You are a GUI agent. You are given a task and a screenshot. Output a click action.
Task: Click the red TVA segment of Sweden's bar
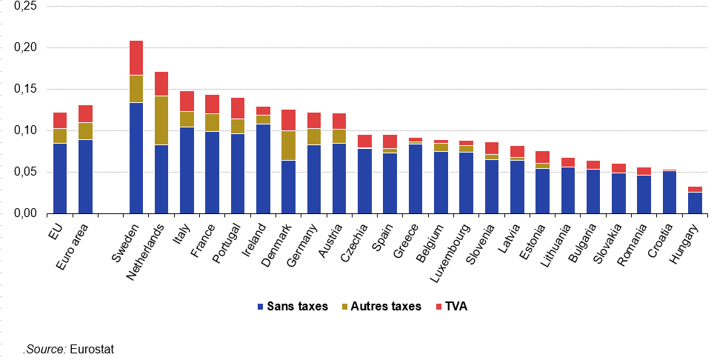pyautogui.click(x=136, y=58)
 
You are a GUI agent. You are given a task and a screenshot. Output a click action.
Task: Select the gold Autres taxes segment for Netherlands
pyautogui.click(x=161, y=120)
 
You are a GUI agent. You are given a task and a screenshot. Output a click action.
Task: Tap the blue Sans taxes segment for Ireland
pyautogui.click(x=263, y=169)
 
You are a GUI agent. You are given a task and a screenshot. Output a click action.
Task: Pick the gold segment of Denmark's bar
pyautogui.click(x=289, y=146)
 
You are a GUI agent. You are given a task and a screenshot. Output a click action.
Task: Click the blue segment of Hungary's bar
pyautogui.click(x=695, y=203)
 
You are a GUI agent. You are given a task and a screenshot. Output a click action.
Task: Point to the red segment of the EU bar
pyautogui.click(x=60, y=120)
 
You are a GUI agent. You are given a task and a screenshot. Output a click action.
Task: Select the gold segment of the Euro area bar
pyautogui.click(x=86, y=131)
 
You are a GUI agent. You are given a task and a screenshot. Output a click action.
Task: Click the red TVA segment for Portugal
pyautogui.click(x=238, y=108)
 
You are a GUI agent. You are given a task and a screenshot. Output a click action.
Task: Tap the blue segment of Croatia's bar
pyautogui.click(x=670, y=193)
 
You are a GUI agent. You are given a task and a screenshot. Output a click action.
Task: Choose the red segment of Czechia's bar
pyautogui.click(x=364, y=141)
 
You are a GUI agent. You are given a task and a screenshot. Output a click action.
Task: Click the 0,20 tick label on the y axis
pyautogui.click(x=26, y=47)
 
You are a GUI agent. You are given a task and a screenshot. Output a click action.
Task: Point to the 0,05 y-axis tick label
pyautogui.click(x=26, y=172)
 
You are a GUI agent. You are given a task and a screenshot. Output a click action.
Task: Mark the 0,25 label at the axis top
pyautogui.click(x=26, y=6)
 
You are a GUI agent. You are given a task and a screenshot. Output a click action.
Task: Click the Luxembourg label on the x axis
pyautogui.click(x=450, y=252)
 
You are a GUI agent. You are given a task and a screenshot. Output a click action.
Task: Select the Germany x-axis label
pyautogui.click(x=302, y=241)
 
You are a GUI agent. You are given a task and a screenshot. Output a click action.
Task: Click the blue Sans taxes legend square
pyautogui.click(x=261, y=307)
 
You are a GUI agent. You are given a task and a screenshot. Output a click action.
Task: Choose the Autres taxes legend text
pyautogui.click(x=386, y=306)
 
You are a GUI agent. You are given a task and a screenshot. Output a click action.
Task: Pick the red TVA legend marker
pyautogui.click(x=439, y=307)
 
